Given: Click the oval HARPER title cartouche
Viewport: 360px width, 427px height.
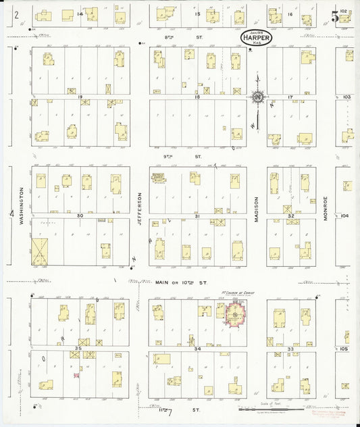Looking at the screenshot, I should (x=257, y=39).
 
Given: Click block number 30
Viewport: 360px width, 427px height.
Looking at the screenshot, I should (x=80, y=215).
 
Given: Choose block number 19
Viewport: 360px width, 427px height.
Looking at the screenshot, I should (x=80, y=97).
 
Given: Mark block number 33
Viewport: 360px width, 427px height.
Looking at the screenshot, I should (x=290, y=348).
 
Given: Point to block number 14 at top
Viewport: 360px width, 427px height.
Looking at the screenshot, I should (x=80, y=14).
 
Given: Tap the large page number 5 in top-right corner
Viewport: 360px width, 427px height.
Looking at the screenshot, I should (x=335, y=16).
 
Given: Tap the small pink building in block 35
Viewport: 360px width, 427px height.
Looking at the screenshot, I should (x=76, y=374).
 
